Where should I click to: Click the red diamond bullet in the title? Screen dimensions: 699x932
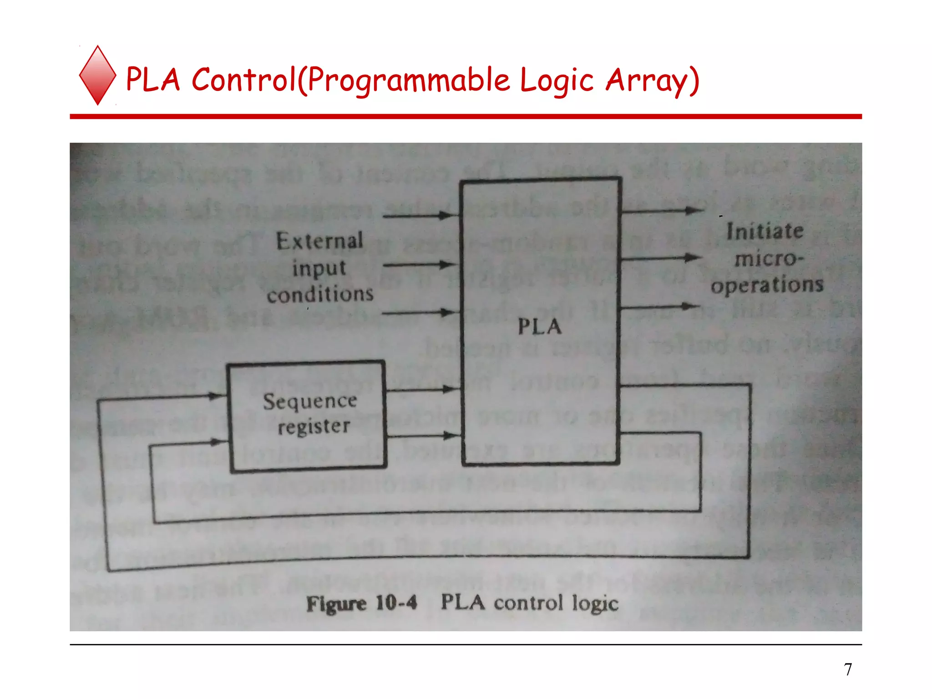pos(97,76)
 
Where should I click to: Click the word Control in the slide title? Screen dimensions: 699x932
pos(244,80)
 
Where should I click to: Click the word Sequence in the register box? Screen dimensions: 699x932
pos(310,401)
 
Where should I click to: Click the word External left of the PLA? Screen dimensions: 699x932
pos(319,241)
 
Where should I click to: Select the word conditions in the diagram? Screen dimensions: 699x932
pos(320,294)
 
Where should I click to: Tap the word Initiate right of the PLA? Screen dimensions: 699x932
pos(765,231)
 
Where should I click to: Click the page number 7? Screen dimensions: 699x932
pos(848,669)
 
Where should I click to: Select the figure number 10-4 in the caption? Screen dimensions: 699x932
pos(396,603)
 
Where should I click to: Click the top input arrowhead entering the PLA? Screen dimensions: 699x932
pos(449,216)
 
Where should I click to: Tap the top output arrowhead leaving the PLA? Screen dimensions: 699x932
pos(694,210)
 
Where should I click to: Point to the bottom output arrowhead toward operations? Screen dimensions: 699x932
pos(690,306)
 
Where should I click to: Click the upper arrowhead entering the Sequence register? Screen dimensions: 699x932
pos(218,396)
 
